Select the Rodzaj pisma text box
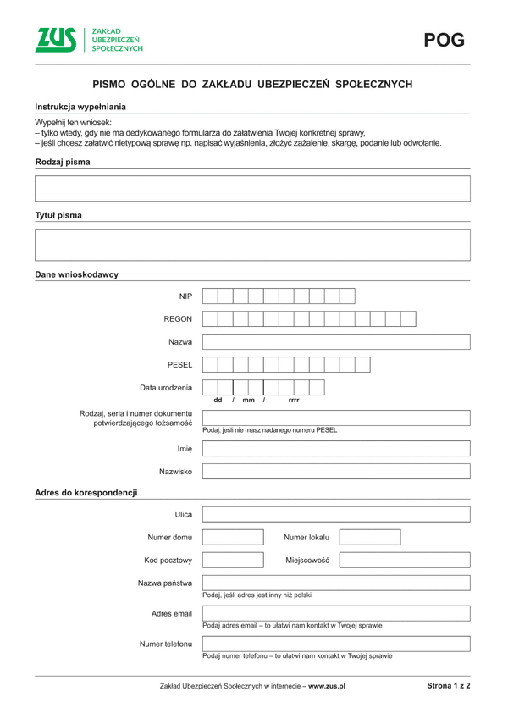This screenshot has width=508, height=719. point(252,188)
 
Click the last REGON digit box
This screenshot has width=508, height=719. point(408,318)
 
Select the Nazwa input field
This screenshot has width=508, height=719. point(336,341)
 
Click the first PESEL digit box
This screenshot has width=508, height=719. point(210,364)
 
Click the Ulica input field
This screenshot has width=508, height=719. point(336,515)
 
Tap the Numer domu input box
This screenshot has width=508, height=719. point(233,538)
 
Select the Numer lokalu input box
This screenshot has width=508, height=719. point(370,538)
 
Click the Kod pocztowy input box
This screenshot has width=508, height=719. point(233,560)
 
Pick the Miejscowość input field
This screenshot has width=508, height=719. point(405,560)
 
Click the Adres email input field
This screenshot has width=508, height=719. point(336,613)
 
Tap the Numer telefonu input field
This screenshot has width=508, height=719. point(336,644)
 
